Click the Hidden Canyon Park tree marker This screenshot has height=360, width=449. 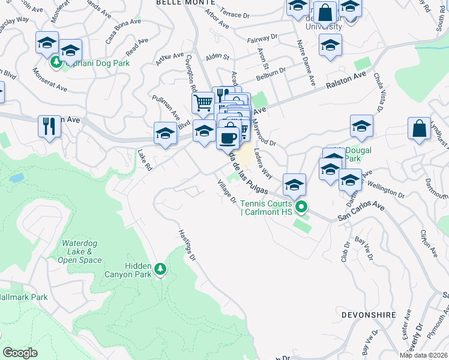click(x=160, y=270)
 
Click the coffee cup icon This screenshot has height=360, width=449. click(x=228, y=137)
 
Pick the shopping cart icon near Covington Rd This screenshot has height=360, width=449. click(x=203, y=103)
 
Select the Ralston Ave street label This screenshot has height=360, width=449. click(x=346, y=81)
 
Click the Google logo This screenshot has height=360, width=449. click(x=20, y=353)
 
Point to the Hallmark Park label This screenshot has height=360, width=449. click(x=24, y=297)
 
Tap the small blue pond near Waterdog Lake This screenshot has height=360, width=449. click(x=17, y=178)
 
